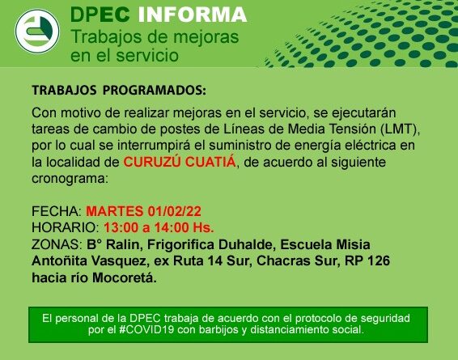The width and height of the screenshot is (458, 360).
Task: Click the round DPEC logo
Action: click(37, 32)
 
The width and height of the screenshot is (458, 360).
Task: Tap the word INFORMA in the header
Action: click(193, 15)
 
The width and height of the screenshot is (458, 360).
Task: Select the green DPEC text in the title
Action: click(100, 15)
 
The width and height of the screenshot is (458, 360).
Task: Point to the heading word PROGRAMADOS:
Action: click(155, 91)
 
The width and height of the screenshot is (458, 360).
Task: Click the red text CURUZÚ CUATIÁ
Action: click(180, 162)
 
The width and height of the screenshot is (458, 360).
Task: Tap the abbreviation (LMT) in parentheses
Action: click(400, 129)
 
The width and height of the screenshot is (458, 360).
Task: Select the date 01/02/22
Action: click(174, 211)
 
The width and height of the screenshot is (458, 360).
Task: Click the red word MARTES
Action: click(115, 211)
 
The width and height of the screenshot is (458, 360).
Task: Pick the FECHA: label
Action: click(57, 211)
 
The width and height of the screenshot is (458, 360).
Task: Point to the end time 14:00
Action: click(172, 228)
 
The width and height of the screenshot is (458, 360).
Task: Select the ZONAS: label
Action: click(57, 244)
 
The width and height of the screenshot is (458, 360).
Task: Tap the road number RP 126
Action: click(367, 260)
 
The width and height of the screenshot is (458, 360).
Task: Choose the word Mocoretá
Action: click(125, 277)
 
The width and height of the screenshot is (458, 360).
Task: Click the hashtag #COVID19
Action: click(146, 329)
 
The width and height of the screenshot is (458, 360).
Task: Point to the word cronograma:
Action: click(70, 179)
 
